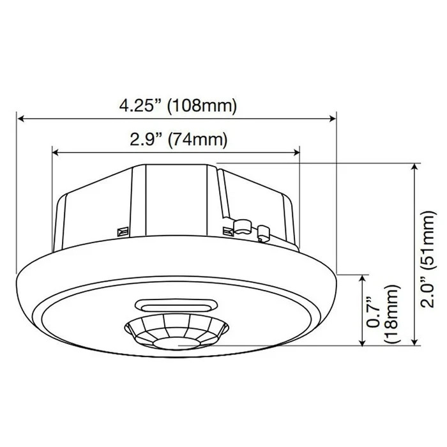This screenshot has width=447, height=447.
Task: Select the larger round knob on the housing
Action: coord(240,225)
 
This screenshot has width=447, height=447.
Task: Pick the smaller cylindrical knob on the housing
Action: coord(262,231)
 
